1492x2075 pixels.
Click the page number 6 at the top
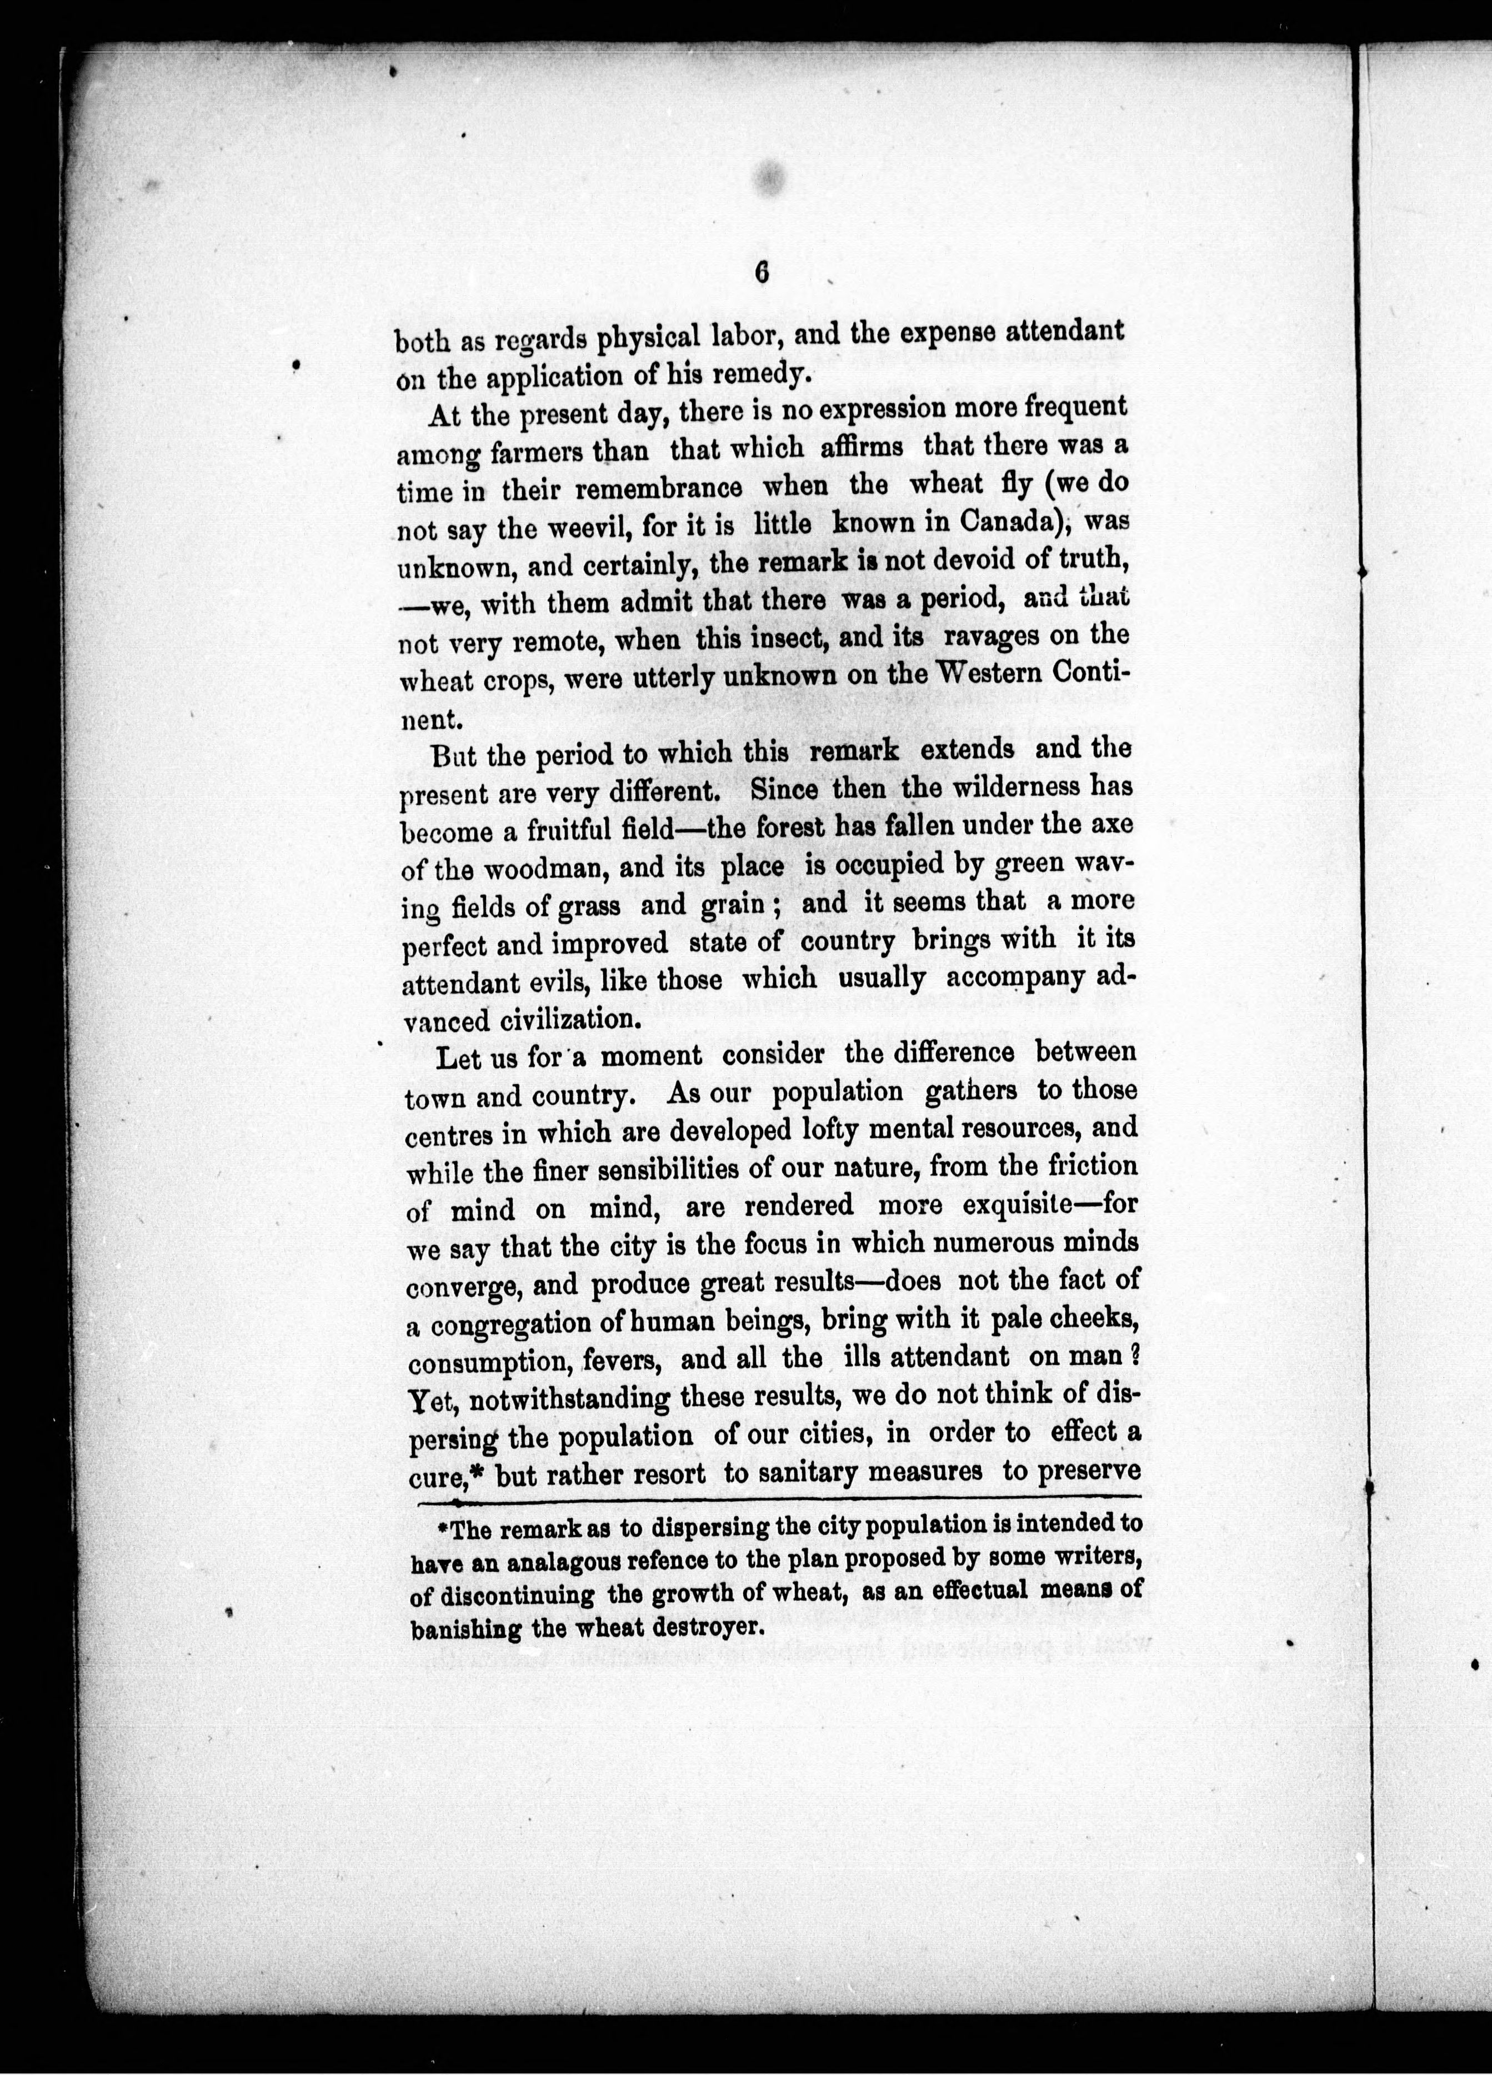pos(762,274)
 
